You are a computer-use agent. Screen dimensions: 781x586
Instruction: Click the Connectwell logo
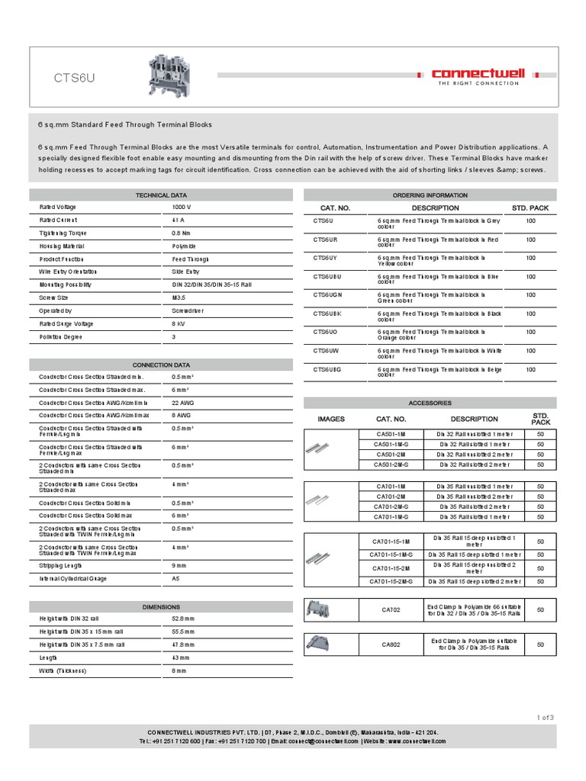point(478,75)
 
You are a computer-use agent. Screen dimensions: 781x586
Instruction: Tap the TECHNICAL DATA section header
point(160,195)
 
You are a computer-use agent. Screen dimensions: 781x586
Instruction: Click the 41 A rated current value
point(179,220)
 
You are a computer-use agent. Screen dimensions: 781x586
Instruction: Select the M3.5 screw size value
point(180,297)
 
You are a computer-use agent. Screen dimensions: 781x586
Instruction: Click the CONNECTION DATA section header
point(160,365)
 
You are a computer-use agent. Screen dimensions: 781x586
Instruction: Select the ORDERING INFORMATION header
point(430,195)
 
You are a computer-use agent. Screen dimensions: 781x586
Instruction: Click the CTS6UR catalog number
point(326,239)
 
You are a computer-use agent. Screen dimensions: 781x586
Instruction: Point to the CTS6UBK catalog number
point(328,313)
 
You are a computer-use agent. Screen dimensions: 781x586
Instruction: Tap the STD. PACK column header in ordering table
point(530,207)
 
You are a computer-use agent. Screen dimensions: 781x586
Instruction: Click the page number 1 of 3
point(546,717)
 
